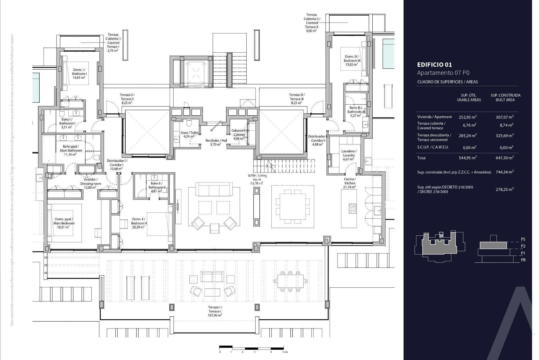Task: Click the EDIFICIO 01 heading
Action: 435,65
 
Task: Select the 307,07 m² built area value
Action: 505,117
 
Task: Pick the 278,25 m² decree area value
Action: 505,190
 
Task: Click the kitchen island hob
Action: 352,208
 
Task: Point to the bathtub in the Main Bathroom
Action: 49,149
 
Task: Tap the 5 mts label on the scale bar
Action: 285,352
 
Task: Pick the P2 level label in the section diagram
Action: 523,246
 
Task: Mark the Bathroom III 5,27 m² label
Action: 356,111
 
